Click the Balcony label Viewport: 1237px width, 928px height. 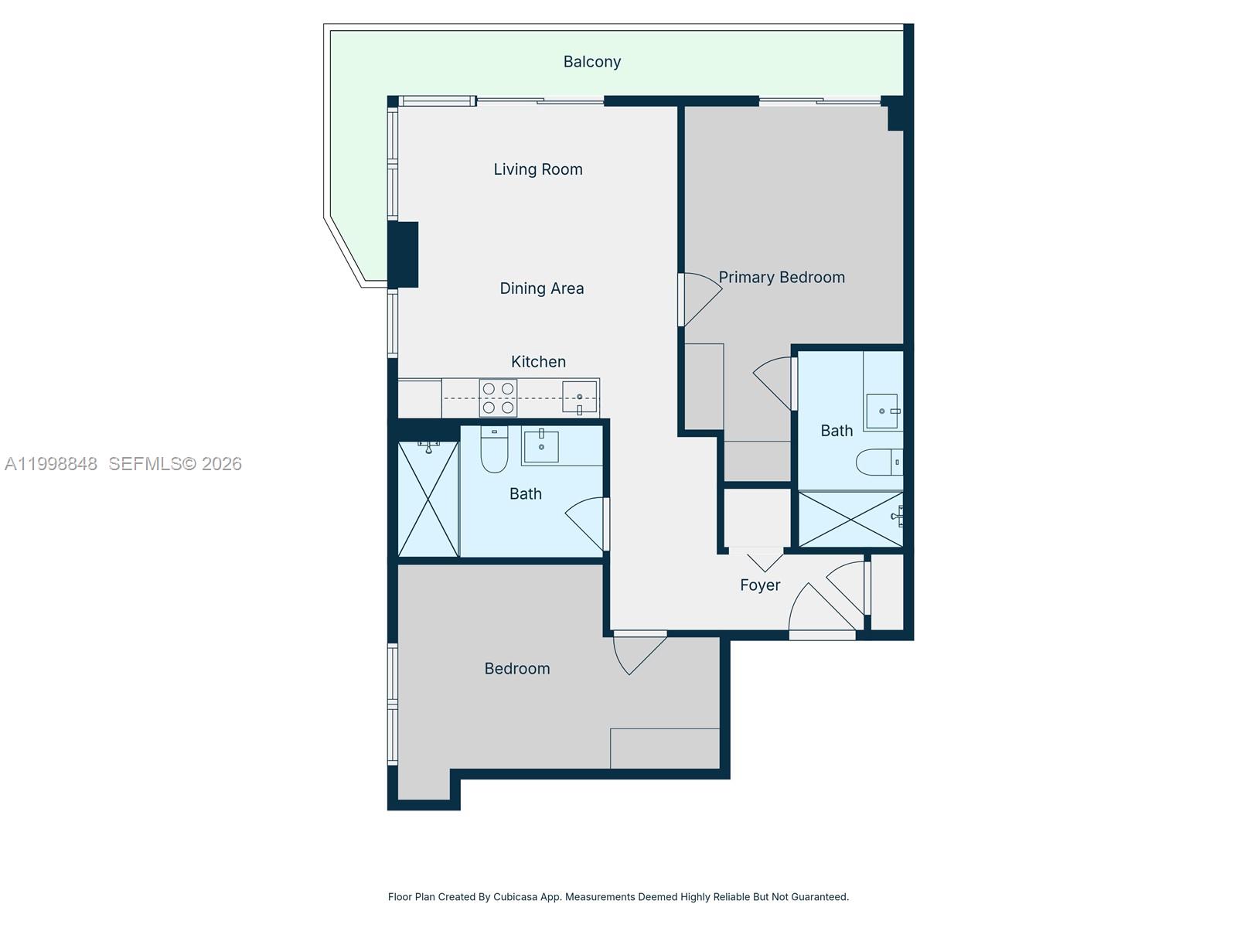(x=591, y=62)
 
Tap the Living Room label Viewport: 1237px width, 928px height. (x=538, y=169)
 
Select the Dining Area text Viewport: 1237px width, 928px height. (x=541, y=288)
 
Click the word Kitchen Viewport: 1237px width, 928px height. (x=538, y=362)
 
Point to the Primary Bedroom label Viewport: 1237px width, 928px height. (x=782, y=278)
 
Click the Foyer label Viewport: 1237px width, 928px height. (x=760, y=585)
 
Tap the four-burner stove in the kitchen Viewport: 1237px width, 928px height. (x=498, y=397)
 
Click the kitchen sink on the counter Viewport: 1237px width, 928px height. (x=579, y=397)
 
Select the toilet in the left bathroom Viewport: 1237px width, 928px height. (x=494, y=451)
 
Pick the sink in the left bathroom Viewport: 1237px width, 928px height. (x=541, y=446)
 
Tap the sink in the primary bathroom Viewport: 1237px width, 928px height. (x=882, y=411)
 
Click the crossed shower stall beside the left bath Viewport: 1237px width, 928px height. (x=428, y=499)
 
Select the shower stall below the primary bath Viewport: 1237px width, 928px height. (x=850, y=519)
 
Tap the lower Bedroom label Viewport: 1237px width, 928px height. (x=517, y=669)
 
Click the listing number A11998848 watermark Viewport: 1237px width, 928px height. (x=51, y=464)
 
